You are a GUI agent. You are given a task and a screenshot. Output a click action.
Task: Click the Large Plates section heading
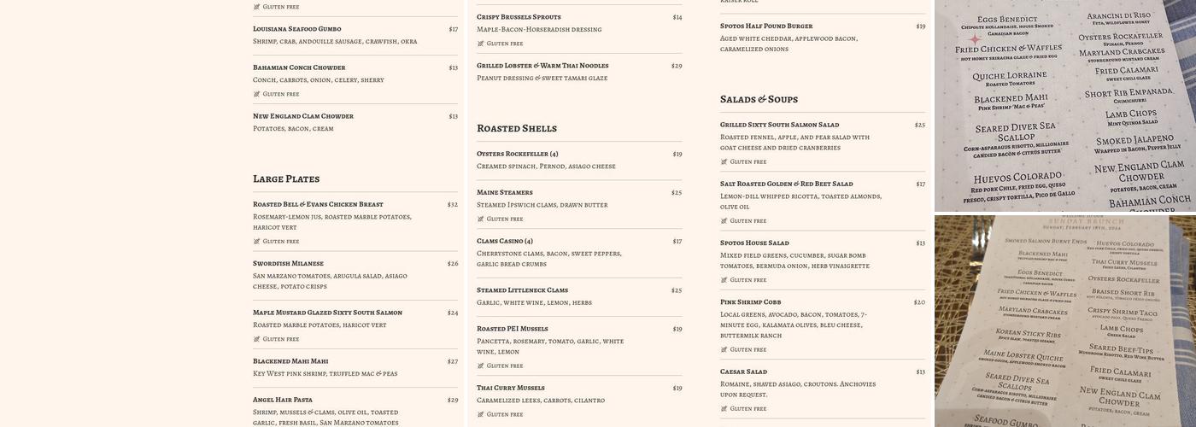coord(286,179)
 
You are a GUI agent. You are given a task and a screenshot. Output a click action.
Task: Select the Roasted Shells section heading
coord(517,129)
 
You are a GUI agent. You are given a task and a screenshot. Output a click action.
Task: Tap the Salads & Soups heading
coord(759,100)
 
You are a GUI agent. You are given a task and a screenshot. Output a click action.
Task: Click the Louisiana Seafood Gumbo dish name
coord(296,29)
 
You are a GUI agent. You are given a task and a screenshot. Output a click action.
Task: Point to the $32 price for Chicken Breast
coord(452,205)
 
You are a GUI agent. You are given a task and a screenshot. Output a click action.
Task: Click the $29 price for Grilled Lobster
coord(677,66)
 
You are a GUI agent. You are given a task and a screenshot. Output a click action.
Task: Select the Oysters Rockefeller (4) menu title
coord(517,155)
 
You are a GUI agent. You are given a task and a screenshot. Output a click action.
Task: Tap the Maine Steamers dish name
coord(504,193)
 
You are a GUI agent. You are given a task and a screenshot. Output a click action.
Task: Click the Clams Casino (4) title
coord(504,242)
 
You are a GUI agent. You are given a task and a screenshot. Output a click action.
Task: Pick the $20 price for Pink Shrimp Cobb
coord(919,302)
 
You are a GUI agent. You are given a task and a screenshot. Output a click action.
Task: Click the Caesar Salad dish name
coord(743,372)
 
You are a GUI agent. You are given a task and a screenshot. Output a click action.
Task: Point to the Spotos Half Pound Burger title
coord(766,26)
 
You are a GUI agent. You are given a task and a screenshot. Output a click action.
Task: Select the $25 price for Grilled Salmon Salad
coord(919,126)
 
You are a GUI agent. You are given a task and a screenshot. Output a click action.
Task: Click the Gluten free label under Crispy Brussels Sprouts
coord(504,44)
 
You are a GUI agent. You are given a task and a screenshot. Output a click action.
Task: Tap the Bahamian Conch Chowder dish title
coord(299,67)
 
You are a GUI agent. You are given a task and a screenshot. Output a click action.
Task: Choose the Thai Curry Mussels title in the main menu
coord(510,389)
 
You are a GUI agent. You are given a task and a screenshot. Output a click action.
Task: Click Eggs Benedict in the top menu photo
coord(1007,20)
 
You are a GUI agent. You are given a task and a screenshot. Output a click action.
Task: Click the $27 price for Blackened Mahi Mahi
coord(452,361)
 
